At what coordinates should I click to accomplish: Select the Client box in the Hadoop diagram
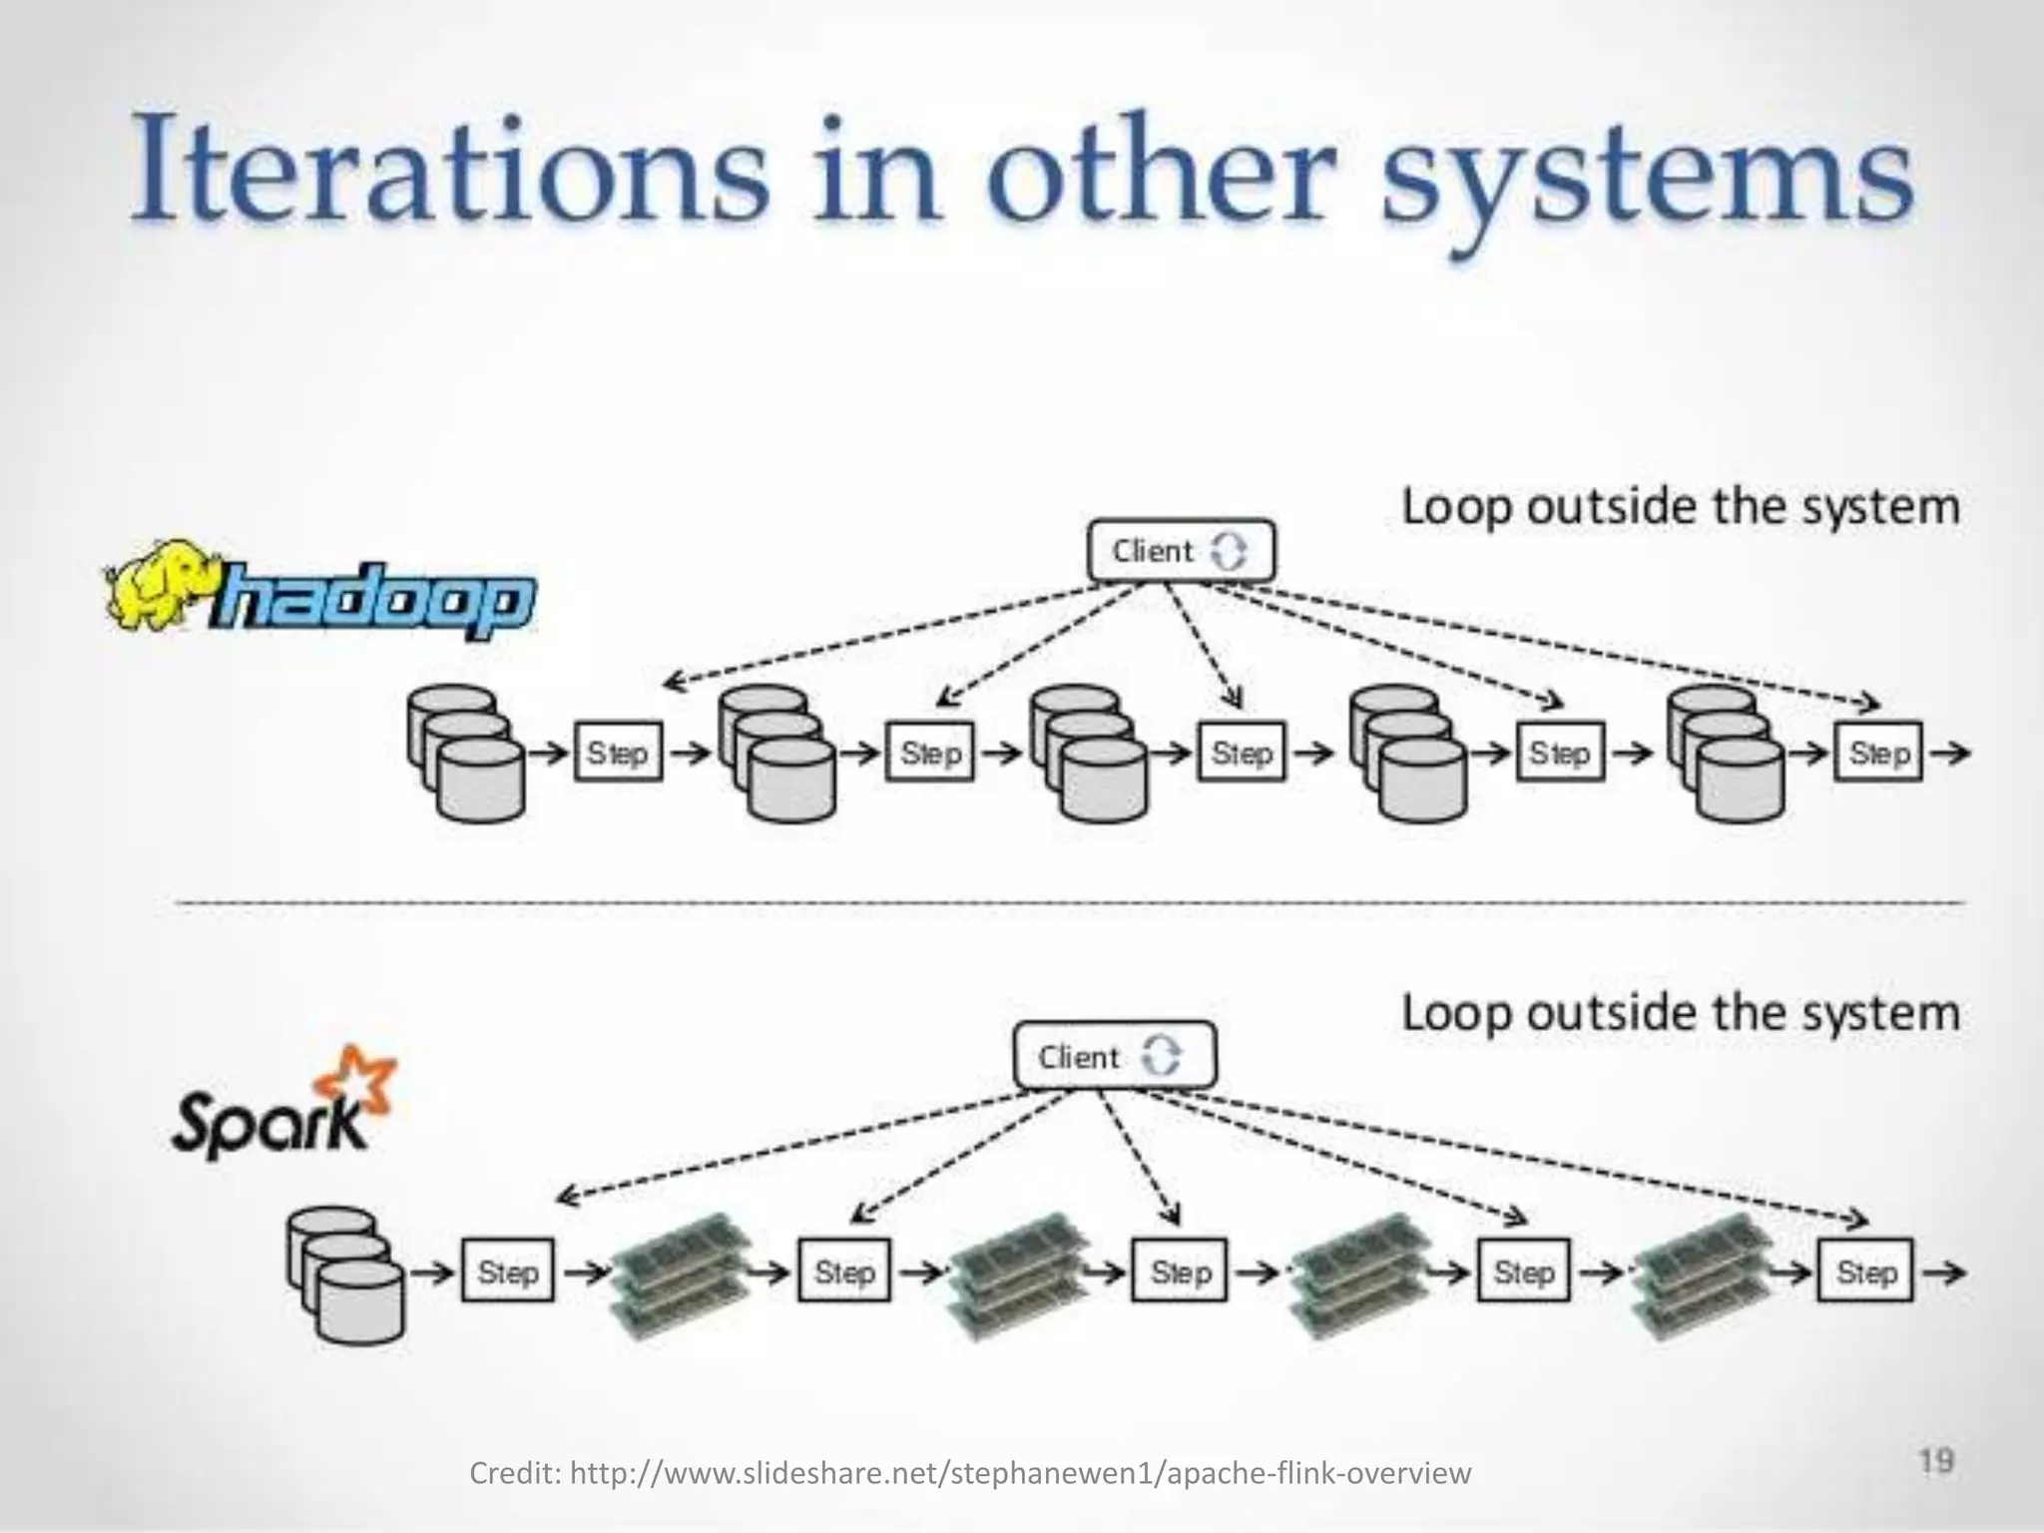[1181, 550]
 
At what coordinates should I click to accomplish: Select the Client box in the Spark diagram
[1115, 1056]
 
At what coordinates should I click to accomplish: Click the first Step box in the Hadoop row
[618, 753]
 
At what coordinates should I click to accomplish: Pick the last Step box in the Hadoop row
[1879, 753]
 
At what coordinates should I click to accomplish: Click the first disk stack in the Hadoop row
[465, 753]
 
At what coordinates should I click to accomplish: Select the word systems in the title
[1647, 175]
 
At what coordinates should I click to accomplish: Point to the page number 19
[1935, 1461]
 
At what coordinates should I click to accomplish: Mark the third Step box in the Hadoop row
[1242, 753]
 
